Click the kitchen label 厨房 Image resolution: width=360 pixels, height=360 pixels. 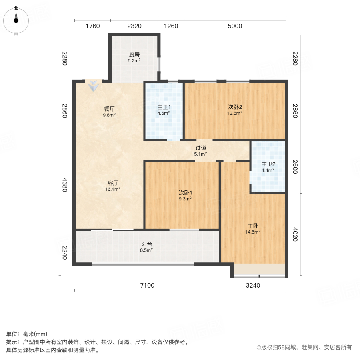click(134, 54)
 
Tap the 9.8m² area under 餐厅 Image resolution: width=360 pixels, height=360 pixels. click(109, 115)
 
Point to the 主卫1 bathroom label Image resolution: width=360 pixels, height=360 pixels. click(163, 107)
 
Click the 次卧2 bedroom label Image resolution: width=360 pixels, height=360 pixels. click(235, 107)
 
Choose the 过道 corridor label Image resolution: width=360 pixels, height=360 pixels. click(201, 148)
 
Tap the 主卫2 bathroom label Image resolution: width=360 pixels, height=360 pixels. click(268, 164)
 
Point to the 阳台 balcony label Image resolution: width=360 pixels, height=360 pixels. click(146, 244)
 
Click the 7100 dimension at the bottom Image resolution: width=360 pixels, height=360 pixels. click(147, 285)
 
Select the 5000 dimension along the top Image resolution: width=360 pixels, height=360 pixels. click(235, 26)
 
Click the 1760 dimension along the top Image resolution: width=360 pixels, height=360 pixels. click(92, 26)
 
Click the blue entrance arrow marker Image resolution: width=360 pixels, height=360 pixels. click(94, 85)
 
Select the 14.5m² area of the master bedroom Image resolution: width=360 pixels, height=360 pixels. click(253, 231)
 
